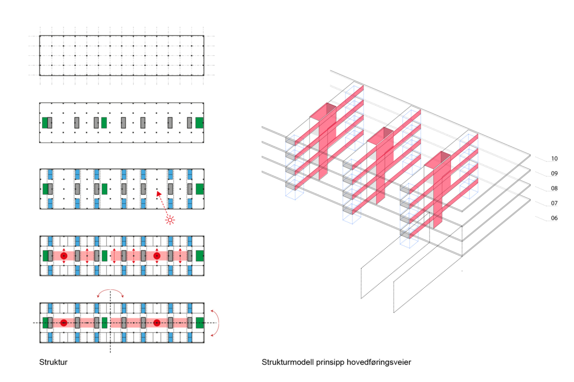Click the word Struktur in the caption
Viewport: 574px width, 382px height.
(x=53, y=362)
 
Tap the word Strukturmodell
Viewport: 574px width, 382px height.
(x=286, y=362)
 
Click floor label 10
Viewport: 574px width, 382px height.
(x=554, y=159)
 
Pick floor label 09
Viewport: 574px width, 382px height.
(x=554, y=174)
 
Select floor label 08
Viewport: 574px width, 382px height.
(x=554, y=188)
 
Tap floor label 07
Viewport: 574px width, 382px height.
(x=554, y=203)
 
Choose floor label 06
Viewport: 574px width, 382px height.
(x=554, y=218)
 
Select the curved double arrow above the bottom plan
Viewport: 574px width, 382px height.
(x=110, y=292)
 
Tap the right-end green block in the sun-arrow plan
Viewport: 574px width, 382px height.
(x=199, y=189)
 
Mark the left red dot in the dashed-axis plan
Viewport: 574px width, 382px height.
(x=64, y=323)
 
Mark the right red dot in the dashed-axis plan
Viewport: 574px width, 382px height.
(x=156, y=323)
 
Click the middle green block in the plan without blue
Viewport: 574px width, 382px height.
(x=104, y=122)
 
